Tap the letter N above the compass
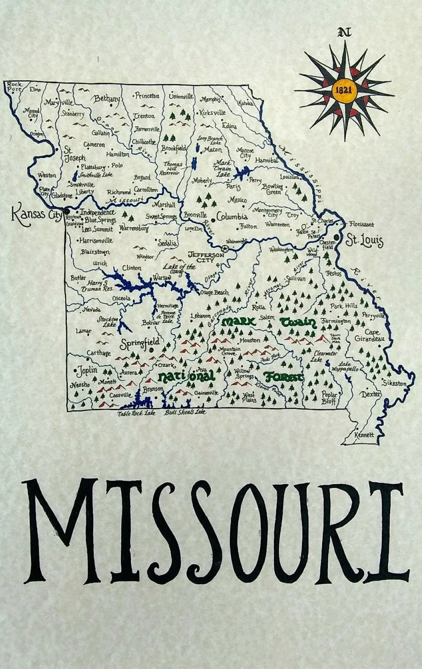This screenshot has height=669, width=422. click(x=344, y=33)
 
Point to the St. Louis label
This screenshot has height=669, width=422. click(x=364, y=240)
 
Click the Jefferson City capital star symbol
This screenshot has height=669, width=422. click(x=225, y=248)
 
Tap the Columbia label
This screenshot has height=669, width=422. click(x=232, y=217)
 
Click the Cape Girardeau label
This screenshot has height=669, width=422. click(x=369, y=335)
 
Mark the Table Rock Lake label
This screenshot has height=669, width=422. click(x=136, y=413)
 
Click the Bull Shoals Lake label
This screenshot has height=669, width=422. click(x=184, y=412)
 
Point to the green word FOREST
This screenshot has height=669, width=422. click(x=284, y=377)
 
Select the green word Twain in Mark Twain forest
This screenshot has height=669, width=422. click(x=298, y=323)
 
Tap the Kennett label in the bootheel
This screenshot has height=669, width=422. click(x=364, y=435)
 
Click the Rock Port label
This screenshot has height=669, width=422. click(x=15, y=86)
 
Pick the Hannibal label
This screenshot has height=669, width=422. click(x=266, y=160)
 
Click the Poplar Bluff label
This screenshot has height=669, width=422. click(x=329, y=397)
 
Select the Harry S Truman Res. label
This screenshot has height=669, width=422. click(x=97, y=286)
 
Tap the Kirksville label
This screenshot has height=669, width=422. click(x=213, y=112)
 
